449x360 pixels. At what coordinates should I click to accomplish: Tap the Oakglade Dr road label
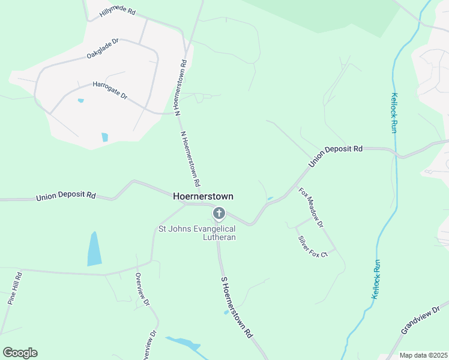point(103,47)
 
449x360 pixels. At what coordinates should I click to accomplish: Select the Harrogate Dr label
point(110,91)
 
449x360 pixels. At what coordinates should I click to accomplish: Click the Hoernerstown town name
point(203,196)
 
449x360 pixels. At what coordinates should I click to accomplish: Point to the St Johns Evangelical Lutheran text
point(197,233)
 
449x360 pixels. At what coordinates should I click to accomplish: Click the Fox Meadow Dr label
point(311,208)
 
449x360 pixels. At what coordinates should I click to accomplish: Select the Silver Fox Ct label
point(313,246)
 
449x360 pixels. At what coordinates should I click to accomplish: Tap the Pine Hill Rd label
point(15,289)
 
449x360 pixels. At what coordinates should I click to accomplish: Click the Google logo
point(20,353)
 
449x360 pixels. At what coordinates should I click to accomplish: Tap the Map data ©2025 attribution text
point(423,355)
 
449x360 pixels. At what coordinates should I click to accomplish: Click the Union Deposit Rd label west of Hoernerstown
point(66,196)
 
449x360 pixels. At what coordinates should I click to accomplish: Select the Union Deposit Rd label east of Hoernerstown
point(336,156)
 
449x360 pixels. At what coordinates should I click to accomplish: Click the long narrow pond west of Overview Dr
point(94,248)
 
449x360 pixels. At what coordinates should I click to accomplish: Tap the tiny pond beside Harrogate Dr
point(80,101)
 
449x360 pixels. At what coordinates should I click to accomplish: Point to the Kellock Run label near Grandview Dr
point(376,280)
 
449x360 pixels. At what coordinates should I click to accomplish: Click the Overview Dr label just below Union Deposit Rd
point(141,290)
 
